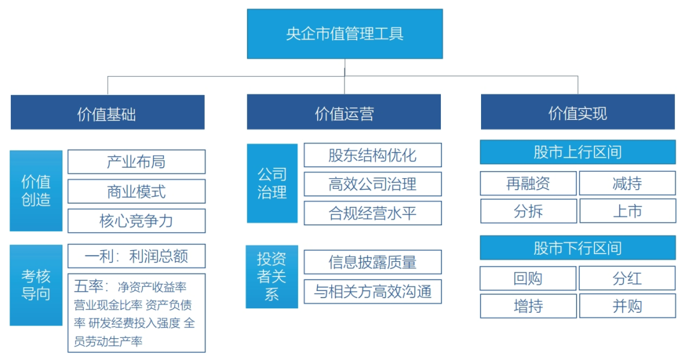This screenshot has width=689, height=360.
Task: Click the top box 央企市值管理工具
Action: click(x=344, y=34)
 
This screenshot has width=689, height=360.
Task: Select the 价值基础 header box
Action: click(x=108, y=112)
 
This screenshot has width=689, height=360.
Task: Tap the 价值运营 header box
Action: click(x=344, y=112)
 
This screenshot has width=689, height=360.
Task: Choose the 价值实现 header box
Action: click(x=578, y=112)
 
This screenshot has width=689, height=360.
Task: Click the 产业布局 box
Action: click(x=137, y=161)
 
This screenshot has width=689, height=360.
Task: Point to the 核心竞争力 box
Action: click(x=137, y=221)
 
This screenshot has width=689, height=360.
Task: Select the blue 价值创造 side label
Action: click(x=36, y=191)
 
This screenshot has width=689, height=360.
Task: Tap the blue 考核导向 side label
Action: click(x=36, y=285)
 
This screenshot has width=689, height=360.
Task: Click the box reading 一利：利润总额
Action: click(x=137, y=256)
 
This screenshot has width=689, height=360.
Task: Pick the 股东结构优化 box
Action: click(x=373, y=154)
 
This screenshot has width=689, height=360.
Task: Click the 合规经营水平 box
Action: click(x=373, y=213)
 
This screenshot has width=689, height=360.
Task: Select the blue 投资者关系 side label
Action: click(x=272, y=276)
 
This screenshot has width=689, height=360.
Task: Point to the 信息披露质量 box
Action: click(x=373, y=262)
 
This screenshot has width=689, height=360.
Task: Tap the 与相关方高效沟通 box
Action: click(x=373, y=292)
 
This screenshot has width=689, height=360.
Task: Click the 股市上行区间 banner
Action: click(x=578, y=152)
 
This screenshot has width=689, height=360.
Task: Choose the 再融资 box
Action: click(x=528, y=183)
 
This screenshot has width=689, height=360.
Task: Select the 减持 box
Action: click(x=628, y=183)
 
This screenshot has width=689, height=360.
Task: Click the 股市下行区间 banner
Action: click(x=578, y=248)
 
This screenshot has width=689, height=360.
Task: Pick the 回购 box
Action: click(x=528, y=278)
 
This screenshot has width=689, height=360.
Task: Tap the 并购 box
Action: click(x=628, y=306)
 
